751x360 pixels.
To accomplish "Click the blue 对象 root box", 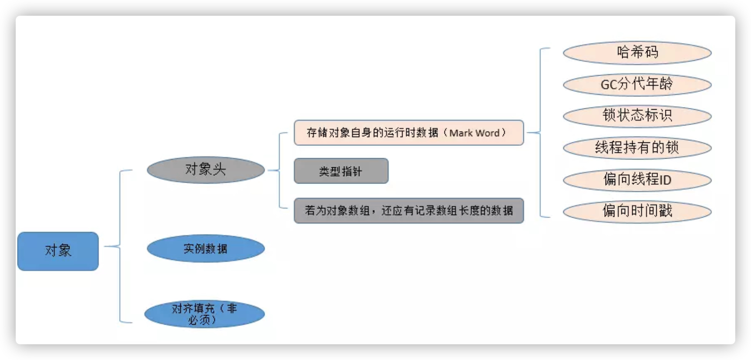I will pyautogui.click(x=58, y=251).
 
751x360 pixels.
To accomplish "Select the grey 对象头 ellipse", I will pyautogui.click(x=206, y=170).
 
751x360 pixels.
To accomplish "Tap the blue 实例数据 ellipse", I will pyautogui.click(x=206, y=249).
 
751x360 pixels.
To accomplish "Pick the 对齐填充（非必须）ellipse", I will pyautogui.click(x=204, y=314).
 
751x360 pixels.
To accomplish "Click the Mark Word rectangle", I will pyautogui.click(x=408, y=132).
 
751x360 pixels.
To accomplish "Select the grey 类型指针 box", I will pyautogui.click(x=341, y=171).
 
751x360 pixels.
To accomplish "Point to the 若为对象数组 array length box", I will pyautogui.click(x=408, y=211).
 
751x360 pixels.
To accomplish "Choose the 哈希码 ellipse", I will pyautogui.click(x=637, y=52).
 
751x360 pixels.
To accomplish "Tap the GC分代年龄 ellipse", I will pyautogui.click(x=637, y=84).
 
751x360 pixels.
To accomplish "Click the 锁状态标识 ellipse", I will pyautogui.click(x=637, y=116).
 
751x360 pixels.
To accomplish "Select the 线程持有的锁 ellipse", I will pyautogui.click(x=637, y=148).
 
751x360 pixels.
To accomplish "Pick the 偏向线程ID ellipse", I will pyautogui.click(x=637, y=180).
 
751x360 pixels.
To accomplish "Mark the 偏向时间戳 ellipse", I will pyautogui.click(x=637, y=211).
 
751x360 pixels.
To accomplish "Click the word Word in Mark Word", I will pyautogui.click(x=487, y=133).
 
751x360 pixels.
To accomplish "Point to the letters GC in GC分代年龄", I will pyautogui.click(x=609, y=84).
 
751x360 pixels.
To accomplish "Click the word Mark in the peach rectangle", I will pyautogui.click(x=461, y=133).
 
